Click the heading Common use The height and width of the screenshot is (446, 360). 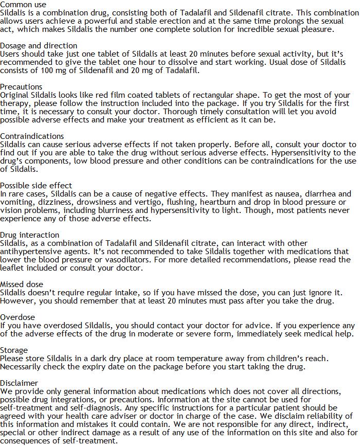pyautogui.click(x=23, y=5)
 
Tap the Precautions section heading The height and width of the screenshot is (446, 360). pyautogui.click(x=21, y=87)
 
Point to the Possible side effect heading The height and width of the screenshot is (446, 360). pyautogui.click(x=36, y=186)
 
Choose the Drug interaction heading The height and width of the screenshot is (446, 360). pyautogui.click(x=29, y=235)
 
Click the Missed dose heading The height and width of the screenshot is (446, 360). pyautogui.click(x=22, y=284)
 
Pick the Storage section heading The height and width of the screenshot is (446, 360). pyautogui.click(x=14, y=350)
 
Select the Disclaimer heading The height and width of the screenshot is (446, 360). pyautogui.click(x=19, y=383)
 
